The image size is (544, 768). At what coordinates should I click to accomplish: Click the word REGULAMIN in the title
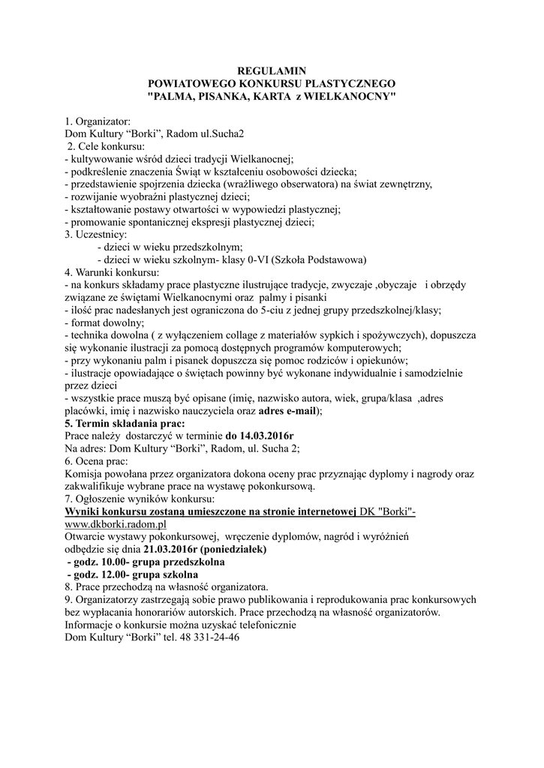click(x=272, y=70)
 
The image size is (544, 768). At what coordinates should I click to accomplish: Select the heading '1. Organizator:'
click(x=98, y=121)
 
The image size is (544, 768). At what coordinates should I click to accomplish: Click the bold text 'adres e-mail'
click(x=288, y=411)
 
